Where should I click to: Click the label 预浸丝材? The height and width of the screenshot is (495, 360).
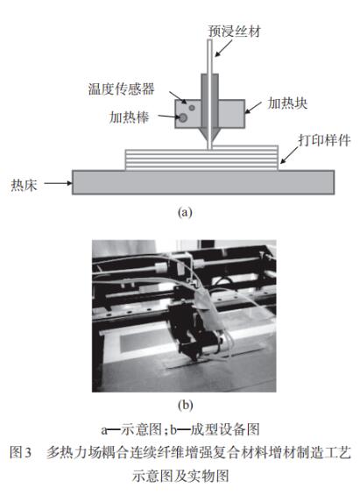point(235,32)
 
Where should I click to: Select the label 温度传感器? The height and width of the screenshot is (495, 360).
point(122,89)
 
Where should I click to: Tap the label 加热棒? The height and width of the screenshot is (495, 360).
point(129,117)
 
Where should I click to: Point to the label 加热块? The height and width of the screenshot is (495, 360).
point(287,103)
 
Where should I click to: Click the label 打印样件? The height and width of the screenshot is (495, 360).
point(324,140)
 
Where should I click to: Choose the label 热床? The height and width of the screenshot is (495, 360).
point(24,185)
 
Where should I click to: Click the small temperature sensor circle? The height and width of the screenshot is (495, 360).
point(192,108)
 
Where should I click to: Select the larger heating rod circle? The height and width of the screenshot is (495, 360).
point(183,118)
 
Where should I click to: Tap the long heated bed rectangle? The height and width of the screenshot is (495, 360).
point(203,182)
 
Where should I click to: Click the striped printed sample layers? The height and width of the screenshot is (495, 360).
point(201,158)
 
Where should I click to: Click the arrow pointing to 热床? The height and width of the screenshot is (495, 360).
point(58,183)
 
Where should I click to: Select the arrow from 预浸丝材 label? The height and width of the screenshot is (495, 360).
point(223,48)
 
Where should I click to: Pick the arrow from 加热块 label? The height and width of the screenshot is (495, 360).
point(253,108)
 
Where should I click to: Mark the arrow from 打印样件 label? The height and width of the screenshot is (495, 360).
point(289,155)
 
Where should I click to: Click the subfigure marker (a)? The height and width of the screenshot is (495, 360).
point(185,212)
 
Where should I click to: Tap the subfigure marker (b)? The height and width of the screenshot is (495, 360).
point(185,405)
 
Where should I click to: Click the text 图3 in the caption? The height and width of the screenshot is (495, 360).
point(21,452)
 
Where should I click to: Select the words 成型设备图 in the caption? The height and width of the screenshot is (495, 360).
point(225,429)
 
